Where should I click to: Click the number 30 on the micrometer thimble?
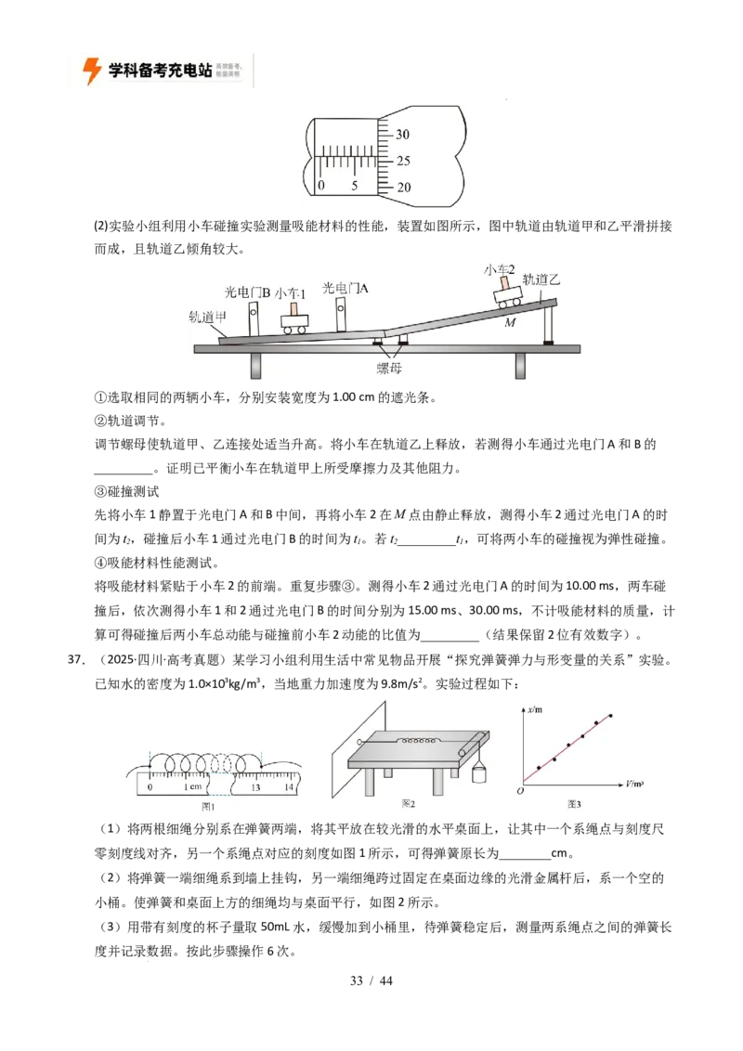[403, 135]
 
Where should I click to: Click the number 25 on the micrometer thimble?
[403, 161]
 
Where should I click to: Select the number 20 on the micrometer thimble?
[403, 188]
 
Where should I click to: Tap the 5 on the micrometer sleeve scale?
[355, 186]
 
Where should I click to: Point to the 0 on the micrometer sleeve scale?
[321, 186]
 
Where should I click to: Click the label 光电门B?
[247, 292]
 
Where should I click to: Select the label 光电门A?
[345, 289]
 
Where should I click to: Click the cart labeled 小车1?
[294, 321]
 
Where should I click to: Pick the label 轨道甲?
[208, 316]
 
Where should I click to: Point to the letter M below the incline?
[509, 323]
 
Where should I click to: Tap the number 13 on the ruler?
[254, 787]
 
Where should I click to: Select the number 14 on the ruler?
[289, 787]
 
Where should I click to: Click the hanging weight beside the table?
[480, 773]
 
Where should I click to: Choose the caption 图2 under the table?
[408, 804]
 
